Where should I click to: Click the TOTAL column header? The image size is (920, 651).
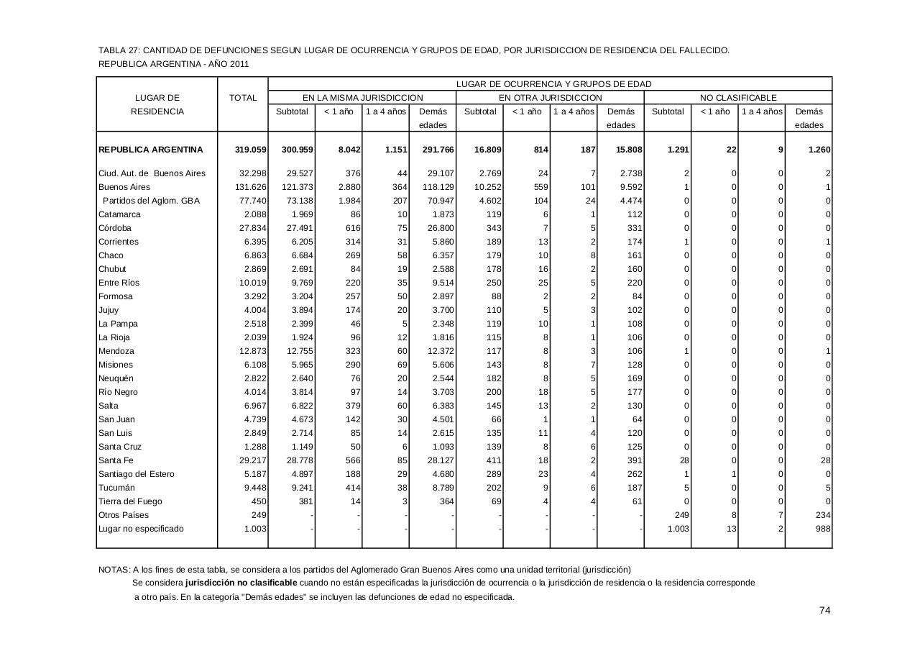pyautogui.click(x=243, y=98)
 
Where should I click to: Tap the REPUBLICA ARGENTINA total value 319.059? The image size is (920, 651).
pyautogui.click(x=250, y=150)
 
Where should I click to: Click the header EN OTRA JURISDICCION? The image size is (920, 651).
pyautogui.click(x=550, y=98)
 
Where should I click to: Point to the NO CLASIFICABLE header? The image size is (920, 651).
pyautogui.click(x=738, y=98)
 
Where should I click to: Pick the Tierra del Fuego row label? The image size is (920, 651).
pyautogui.click(x=130, y=501)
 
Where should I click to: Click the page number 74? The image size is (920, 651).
pyautogui.click(x=825, y=611)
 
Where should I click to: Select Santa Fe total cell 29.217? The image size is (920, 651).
pyautogui.click(x=252, y=460)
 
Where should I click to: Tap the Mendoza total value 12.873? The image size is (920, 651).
pyautogui.click(x=252, y=351)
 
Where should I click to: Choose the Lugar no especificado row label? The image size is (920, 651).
pyautogui.click(x=141, y=529)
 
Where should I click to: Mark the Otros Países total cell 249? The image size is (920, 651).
pyautogui.click(x=259, y=515)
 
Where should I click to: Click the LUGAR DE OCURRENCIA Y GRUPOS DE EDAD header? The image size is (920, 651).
pyautogui.click(x=553, y=84)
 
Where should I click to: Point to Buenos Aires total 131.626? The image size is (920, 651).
pyautogui.click(x=251, y=187)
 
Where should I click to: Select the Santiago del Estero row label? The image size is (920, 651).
pyautogui.click(x=136, y=474)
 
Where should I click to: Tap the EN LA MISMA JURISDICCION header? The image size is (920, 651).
pyautogui.click(x=362, y=98)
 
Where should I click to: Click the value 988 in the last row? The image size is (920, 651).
pyautogui.click(x=823, y=529)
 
